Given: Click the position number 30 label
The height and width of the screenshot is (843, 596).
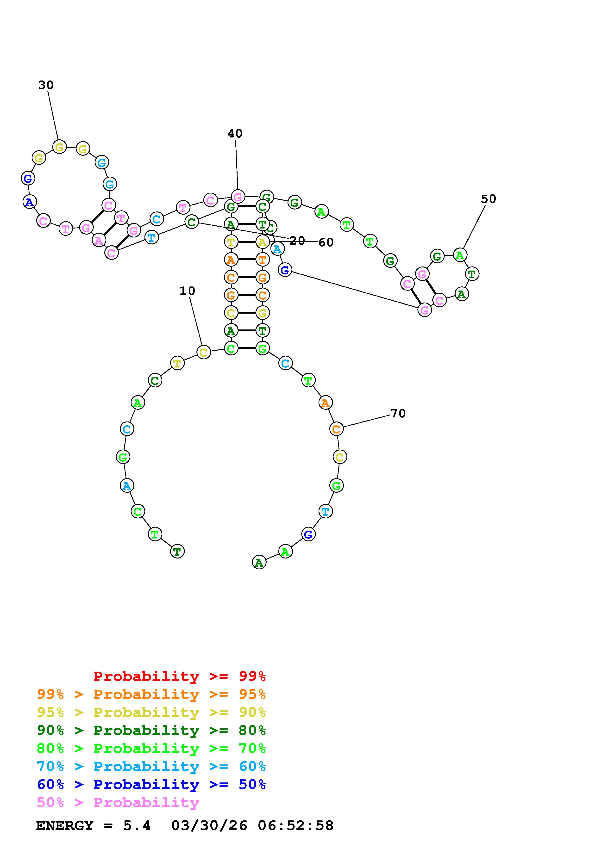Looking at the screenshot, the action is pyautogui.click(x=46, y=85).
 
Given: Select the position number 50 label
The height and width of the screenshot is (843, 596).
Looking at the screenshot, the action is pyautogui.click(x=488, y=199).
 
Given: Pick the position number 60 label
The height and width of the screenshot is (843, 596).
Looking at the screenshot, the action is pyautogui.click(x=326, y=242).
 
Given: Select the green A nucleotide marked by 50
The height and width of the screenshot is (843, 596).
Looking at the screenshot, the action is pyautogui.click(x=460, y=255).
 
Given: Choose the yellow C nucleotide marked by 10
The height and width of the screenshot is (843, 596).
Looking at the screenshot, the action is pyautogui.click(x=203, y=352).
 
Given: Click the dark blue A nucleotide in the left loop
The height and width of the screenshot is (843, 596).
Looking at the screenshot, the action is pyautogui.click(x=29, y=202).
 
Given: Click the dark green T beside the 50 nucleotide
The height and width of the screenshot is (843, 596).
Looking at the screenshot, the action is pyautogui.click(x=472, y=274).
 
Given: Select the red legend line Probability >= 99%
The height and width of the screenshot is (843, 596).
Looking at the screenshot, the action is pyautogui.click(x=180, y=676).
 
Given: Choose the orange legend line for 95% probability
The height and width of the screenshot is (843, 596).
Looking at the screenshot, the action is pyautogui.click(x=151, y=694).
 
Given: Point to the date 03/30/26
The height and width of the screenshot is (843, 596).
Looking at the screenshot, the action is pyautogui.click(x=209, y=826).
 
